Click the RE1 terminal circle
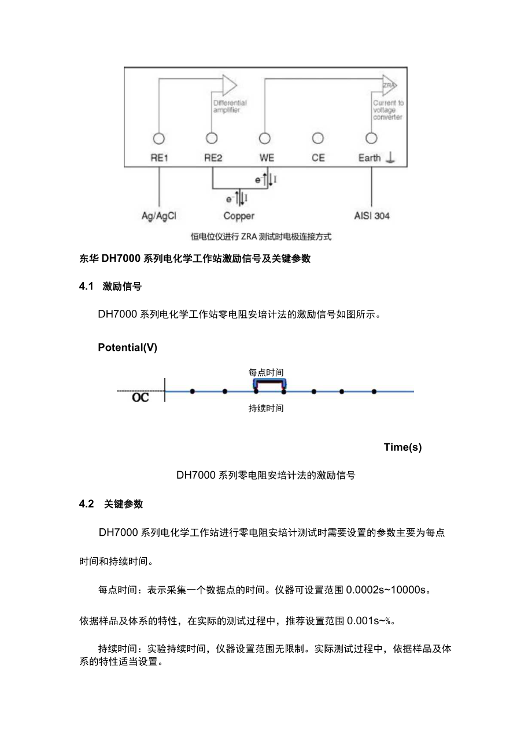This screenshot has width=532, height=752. coord(158,139)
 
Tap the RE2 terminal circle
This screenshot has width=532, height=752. coord(212,139)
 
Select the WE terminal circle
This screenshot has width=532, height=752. coord(265,139)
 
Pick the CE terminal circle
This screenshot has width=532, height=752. coord(318,139)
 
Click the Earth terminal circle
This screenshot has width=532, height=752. coord(371,139)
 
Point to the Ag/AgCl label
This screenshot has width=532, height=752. coord(159,216)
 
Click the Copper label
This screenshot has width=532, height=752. coord(239,216)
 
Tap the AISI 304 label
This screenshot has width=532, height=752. coord(371,216)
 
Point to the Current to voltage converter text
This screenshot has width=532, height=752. coord(388,110)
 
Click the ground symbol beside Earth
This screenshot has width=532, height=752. coord(391,157)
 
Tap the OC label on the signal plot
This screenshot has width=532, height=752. coord(140,398)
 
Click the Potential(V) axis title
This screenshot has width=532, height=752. coord(127,347)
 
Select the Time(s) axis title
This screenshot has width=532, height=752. coord(402,447)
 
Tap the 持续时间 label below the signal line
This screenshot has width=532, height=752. coord(266,409)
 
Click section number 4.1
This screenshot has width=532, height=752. coord(86,286)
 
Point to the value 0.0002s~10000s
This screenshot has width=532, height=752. coord(387,590)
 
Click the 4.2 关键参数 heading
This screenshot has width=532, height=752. coord(111,504)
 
